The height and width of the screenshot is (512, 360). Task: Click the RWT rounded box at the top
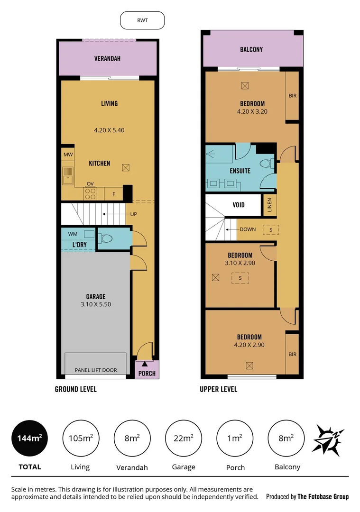(142, 21)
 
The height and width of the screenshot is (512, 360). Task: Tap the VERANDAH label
(107, 59)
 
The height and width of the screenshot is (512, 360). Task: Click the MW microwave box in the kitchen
(67, 155)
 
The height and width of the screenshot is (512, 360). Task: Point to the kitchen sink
(68, 176)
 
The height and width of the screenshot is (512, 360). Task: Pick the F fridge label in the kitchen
(113, 193)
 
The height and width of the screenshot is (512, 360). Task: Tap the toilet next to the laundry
(106, 238)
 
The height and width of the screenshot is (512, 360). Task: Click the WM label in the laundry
(73, 234)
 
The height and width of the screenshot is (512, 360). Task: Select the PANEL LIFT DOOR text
(96, 370)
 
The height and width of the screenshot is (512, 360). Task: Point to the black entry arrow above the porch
(144, 364)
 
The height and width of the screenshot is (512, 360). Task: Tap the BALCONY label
(251, 49)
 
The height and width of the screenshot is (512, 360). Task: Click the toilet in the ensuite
(267, 164)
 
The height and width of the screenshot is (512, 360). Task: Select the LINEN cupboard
(269, 205)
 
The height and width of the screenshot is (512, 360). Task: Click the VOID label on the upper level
(239, 205)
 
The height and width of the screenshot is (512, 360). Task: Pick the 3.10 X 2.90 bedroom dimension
(240, 262)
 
